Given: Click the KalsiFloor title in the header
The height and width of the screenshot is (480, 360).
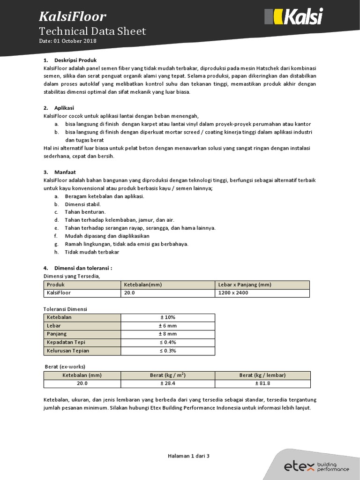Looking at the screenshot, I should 72,17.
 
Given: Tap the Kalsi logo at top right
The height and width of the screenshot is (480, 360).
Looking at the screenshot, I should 294,17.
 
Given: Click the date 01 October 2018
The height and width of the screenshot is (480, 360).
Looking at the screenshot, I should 68,41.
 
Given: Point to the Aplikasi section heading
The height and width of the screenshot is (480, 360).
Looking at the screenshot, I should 64,108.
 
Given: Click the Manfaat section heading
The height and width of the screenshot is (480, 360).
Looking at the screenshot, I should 65,172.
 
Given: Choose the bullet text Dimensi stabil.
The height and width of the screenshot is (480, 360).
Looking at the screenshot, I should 82,204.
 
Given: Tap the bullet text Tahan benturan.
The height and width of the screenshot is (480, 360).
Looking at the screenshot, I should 85,212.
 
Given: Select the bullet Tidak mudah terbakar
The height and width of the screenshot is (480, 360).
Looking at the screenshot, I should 92,252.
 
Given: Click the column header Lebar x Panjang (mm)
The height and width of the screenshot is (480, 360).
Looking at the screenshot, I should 245,285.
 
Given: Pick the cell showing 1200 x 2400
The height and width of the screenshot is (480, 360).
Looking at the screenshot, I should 233,293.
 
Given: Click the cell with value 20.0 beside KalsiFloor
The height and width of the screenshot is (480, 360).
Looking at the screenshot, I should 129,293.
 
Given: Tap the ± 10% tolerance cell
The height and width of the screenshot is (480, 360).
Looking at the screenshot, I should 168,317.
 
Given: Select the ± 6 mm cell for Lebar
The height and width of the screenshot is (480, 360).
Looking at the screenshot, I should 168,326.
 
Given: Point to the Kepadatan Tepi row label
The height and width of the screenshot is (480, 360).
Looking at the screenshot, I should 66,343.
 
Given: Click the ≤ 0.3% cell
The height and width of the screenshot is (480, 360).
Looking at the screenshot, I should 168,351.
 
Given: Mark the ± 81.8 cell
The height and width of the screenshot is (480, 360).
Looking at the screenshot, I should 262,383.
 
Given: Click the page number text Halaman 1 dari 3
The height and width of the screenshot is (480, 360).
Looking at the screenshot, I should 188,456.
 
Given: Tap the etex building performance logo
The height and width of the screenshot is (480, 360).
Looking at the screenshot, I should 316,466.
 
